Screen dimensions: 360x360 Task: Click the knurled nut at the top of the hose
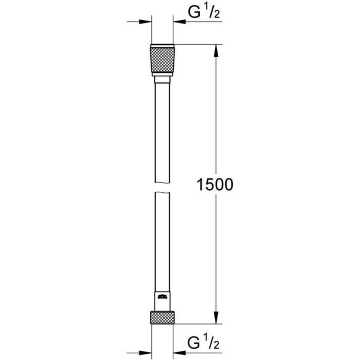(162, 61)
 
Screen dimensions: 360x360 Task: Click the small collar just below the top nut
(162, 80)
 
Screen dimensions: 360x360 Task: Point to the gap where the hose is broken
(162, 187)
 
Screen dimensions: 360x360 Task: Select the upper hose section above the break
(162, 135)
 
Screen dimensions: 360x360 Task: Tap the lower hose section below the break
(162, 243)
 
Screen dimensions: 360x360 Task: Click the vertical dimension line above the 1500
(216, 112)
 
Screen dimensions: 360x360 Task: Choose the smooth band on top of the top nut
(162, 46)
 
